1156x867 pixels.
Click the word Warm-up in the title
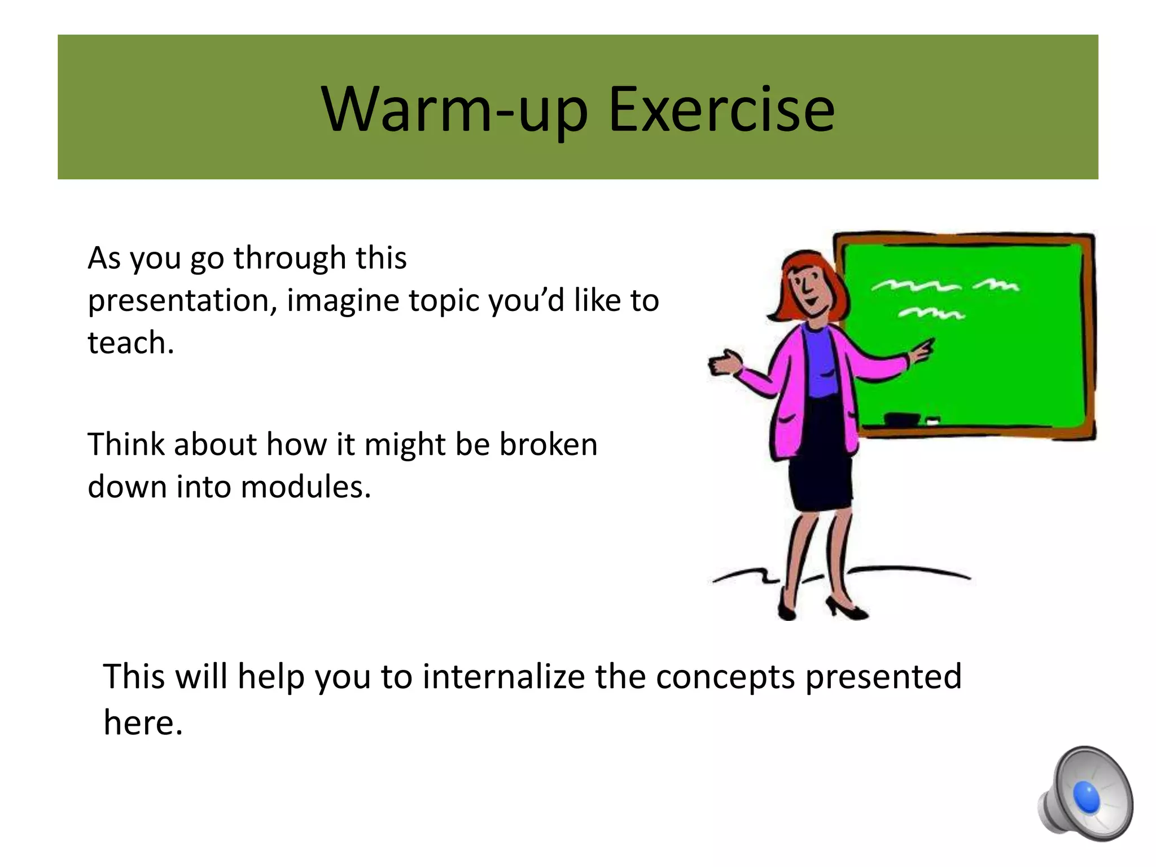455,111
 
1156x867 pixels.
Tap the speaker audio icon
1084,794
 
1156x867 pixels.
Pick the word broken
548,444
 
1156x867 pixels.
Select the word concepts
725,677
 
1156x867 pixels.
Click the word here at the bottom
143,722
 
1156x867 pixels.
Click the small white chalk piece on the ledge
932,421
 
